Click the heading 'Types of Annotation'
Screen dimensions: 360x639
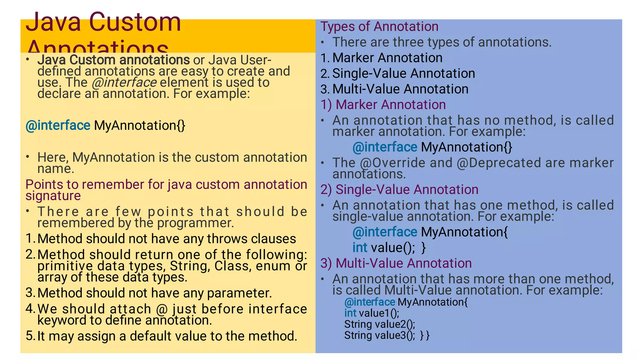[x=379, y=27]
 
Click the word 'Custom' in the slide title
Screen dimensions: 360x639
[x=135, y=22]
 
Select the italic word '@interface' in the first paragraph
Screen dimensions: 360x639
[x=124, y=82]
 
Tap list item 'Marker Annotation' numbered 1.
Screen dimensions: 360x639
[x=387, y=58]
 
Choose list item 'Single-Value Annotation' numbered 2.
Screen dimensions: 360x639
[x=403, y=74]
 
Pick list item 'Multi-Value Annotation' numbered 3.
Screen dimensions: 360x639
[x=400, y=89]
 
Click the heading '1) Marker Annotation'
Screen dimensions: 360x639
[x=383, y=105]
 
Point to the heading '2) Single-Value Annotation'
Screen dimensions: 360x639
[x=399, y=190]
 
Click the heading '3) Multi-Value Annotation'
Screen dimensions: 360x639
[x=396, y=264]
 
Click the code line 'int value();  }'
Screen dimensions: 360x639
[x=389, y=248]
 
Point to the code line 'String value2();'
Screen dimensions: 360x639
[x=379, y=324]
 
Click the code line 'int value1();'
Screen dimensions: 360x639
[x=371, y=313]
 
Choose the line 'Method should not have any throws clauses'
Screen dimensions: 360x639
[x=166, y=239]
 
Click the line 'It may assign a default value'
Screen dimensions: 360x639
[x=167, y=336]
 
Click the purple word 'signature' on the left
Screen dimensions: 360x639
[x=53, y=196]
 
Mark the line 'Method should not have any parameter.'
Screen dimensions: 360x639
[x=154, y=293]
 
